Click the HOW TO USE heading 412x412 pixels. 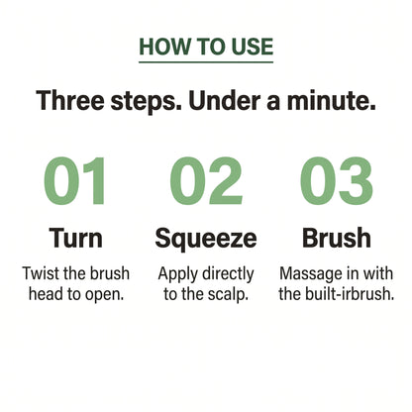click(x=206, y=47)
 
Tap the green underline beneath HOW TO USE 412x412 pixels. click(x=206, y=61)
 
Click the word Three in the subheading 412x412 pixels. click(x=70, y=100)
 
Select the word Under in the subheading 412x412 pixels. click(x=225, y=100)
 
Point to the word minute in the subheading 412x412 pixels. click(x=331, y=100)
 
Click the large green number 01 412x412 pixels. click(x=74, y=181)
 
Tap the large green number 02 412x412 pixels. click(x=206, y=181)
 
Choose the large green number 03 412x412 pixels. click(x=337, y=181)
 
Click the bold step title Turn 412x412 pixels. click(x=76, y=238)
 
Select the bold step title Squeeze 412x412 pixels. click(x=206, y=239)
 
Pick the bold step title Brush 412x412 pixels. click(x=337, y=238)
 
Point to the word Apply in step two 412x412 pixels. click(x=177, y=274)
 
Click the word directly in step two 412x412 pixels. click(x=228, y=274)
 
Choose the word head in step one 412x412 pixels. click(x=45, y=294)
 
